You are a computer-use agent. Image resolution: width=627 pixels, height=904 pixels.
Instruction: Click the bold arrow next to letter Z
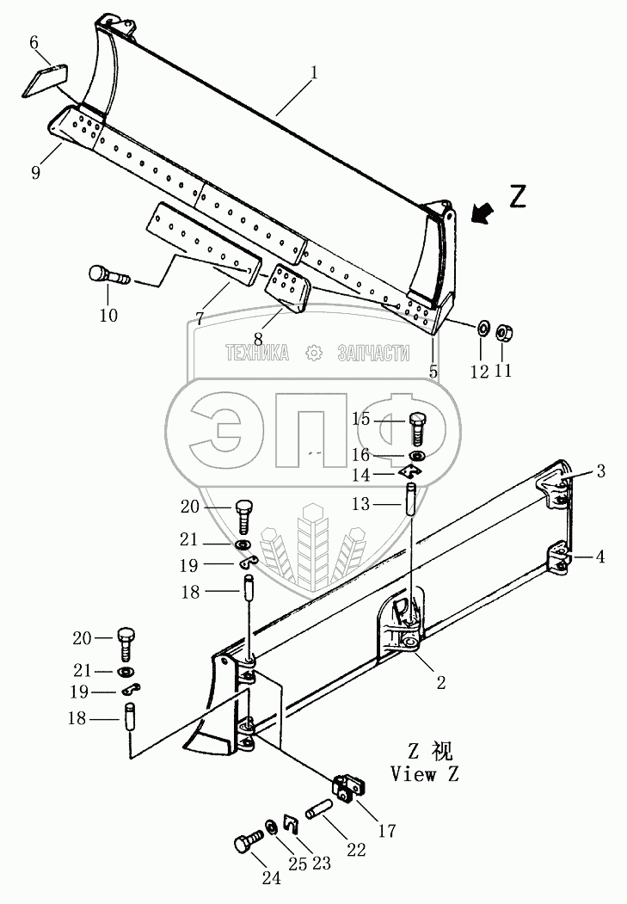483,212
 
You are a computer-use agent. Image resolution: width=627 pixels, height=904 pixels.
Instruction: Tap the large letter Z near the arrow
516,197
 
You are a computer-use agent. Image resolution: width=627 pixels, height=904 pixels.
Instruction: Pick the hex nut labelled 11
505,331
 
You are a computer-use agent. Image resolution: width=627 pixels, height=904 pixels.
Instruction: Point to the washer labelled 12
483,329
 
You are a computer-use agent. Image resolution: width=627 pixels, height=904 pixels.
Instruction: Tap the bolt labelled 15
416,424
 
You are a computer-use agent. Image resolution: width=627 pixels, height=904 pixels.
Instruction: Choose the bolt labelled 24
247,843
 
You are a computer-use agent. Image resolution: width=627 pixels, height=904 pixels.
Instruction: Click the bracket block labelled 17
350,790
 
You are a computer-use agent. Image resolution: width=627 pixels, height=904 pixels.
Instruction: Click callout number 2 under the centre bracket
440,684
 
